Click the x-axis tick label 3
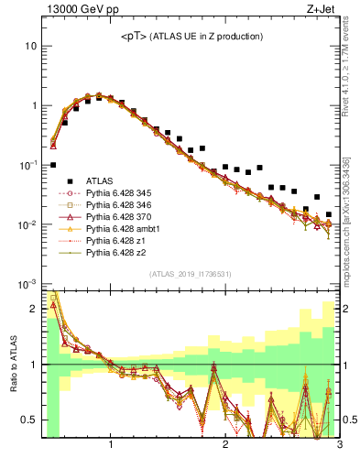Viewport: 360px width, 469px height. pos(339,446)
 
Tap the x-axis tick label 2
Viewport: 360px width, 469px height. pos(225,446)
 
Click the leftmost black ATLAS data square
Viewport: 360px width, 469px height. pos(53,165)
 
